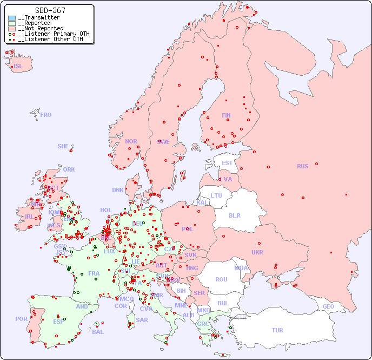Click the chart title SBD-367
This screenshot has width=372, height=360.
pos(50,10)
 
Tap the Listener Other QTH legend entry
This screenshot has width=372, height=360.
pos(50,39)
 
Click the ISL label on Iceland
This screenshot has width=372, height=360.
pos(18,67)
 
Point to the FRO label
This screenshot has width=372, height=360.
pos(45,115)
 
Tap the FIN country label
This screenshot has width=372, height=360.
pos(226,115)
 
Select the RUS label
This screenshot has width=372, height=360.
pos(302,166)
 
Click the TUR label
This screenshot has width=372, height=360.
pos(277,330)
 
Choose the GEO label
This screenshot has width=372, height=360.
pos(328,306)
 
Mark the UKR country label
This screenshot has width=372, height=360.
pos(257,252)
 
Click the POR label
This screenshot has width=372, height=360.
pos(21,319)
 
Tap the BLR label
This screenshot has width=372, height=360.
pos(234,215)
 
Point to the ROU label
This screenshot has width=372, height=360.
pos(221,279)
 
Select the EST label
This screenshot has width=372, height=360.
pos(227,163)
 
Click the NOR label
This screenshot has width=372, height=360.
pos(131,141)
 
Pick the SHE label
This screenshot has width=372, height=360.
pos(63,146)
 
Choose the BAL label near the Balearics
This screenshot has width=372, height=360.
pos(97,332)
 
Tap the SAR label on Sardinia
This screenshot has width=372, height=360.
pos(142,320)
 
